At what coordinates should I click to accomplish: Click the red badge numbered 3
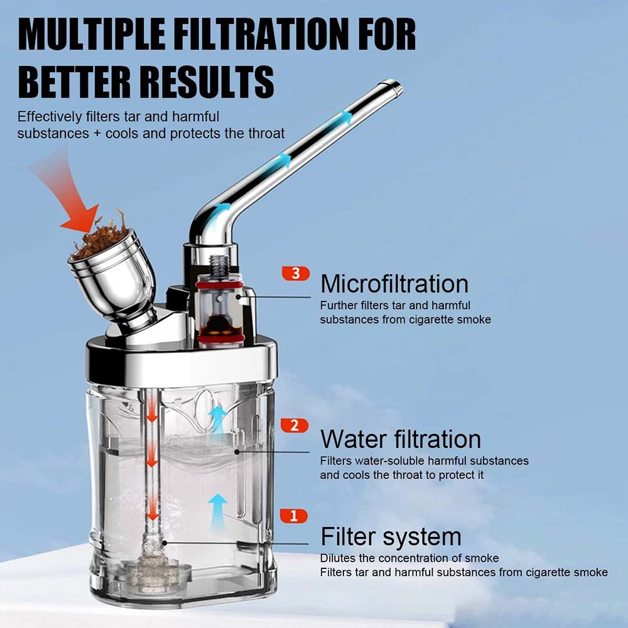tap(296, 273)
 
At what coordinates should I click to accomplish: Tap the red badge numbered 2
tap(295, 425)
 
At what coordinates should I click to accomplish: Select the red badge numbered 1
tap(293, 516)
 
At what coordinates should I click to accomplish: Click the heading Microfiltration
tap(394, 284)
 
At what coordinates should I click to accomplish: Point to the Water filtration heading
tap(401, 439)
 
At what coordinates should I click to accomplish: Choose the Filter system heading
tap(391, 537)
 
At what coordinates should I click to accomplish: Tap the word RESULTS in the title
tap(208, 82)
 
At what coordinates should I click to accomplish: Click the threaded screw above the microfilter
tap(219, 265)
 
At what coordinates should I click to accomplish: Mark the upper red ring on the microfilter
tap(219, 284)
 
